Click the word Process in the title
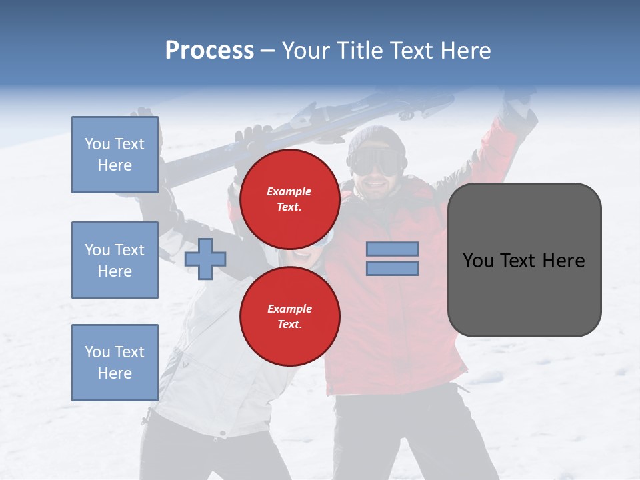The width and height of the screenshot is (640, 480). click(209, 51)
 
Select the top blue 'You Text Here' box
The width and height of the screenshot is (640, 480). click(115, 155)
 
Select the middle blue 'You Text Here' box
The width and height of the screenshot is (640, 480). click(115, 260)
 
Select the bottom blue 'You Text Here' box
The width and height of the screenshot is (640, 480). click(115, 362)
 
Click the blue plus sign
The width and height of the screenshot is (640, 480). click(205, 259)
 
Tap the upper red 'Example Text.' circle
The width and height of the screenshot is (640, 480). click(289, 199)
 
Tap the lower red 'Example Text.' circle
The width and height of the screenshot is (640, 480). click(289, 316)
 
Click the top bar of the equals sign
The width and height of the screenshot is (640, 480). click(392, 249)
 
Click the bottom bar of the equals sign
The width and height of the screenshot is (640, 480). click(392, 268)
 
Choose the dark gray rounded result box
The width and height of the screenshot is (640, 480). click(524, 260)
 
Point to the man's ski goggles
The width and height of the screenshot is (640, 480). click(377, 161)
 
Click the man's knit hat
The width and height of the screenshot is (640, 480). click(377, 137)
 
